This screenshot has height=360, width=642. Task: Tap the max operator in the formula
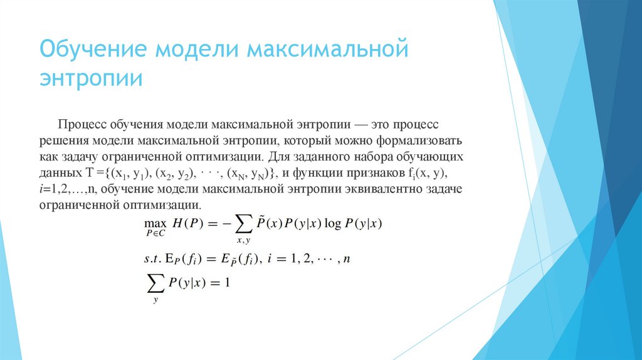[x=154, y=223]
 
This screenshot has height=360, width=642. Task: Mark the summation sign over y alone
[x=154, y=284]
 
